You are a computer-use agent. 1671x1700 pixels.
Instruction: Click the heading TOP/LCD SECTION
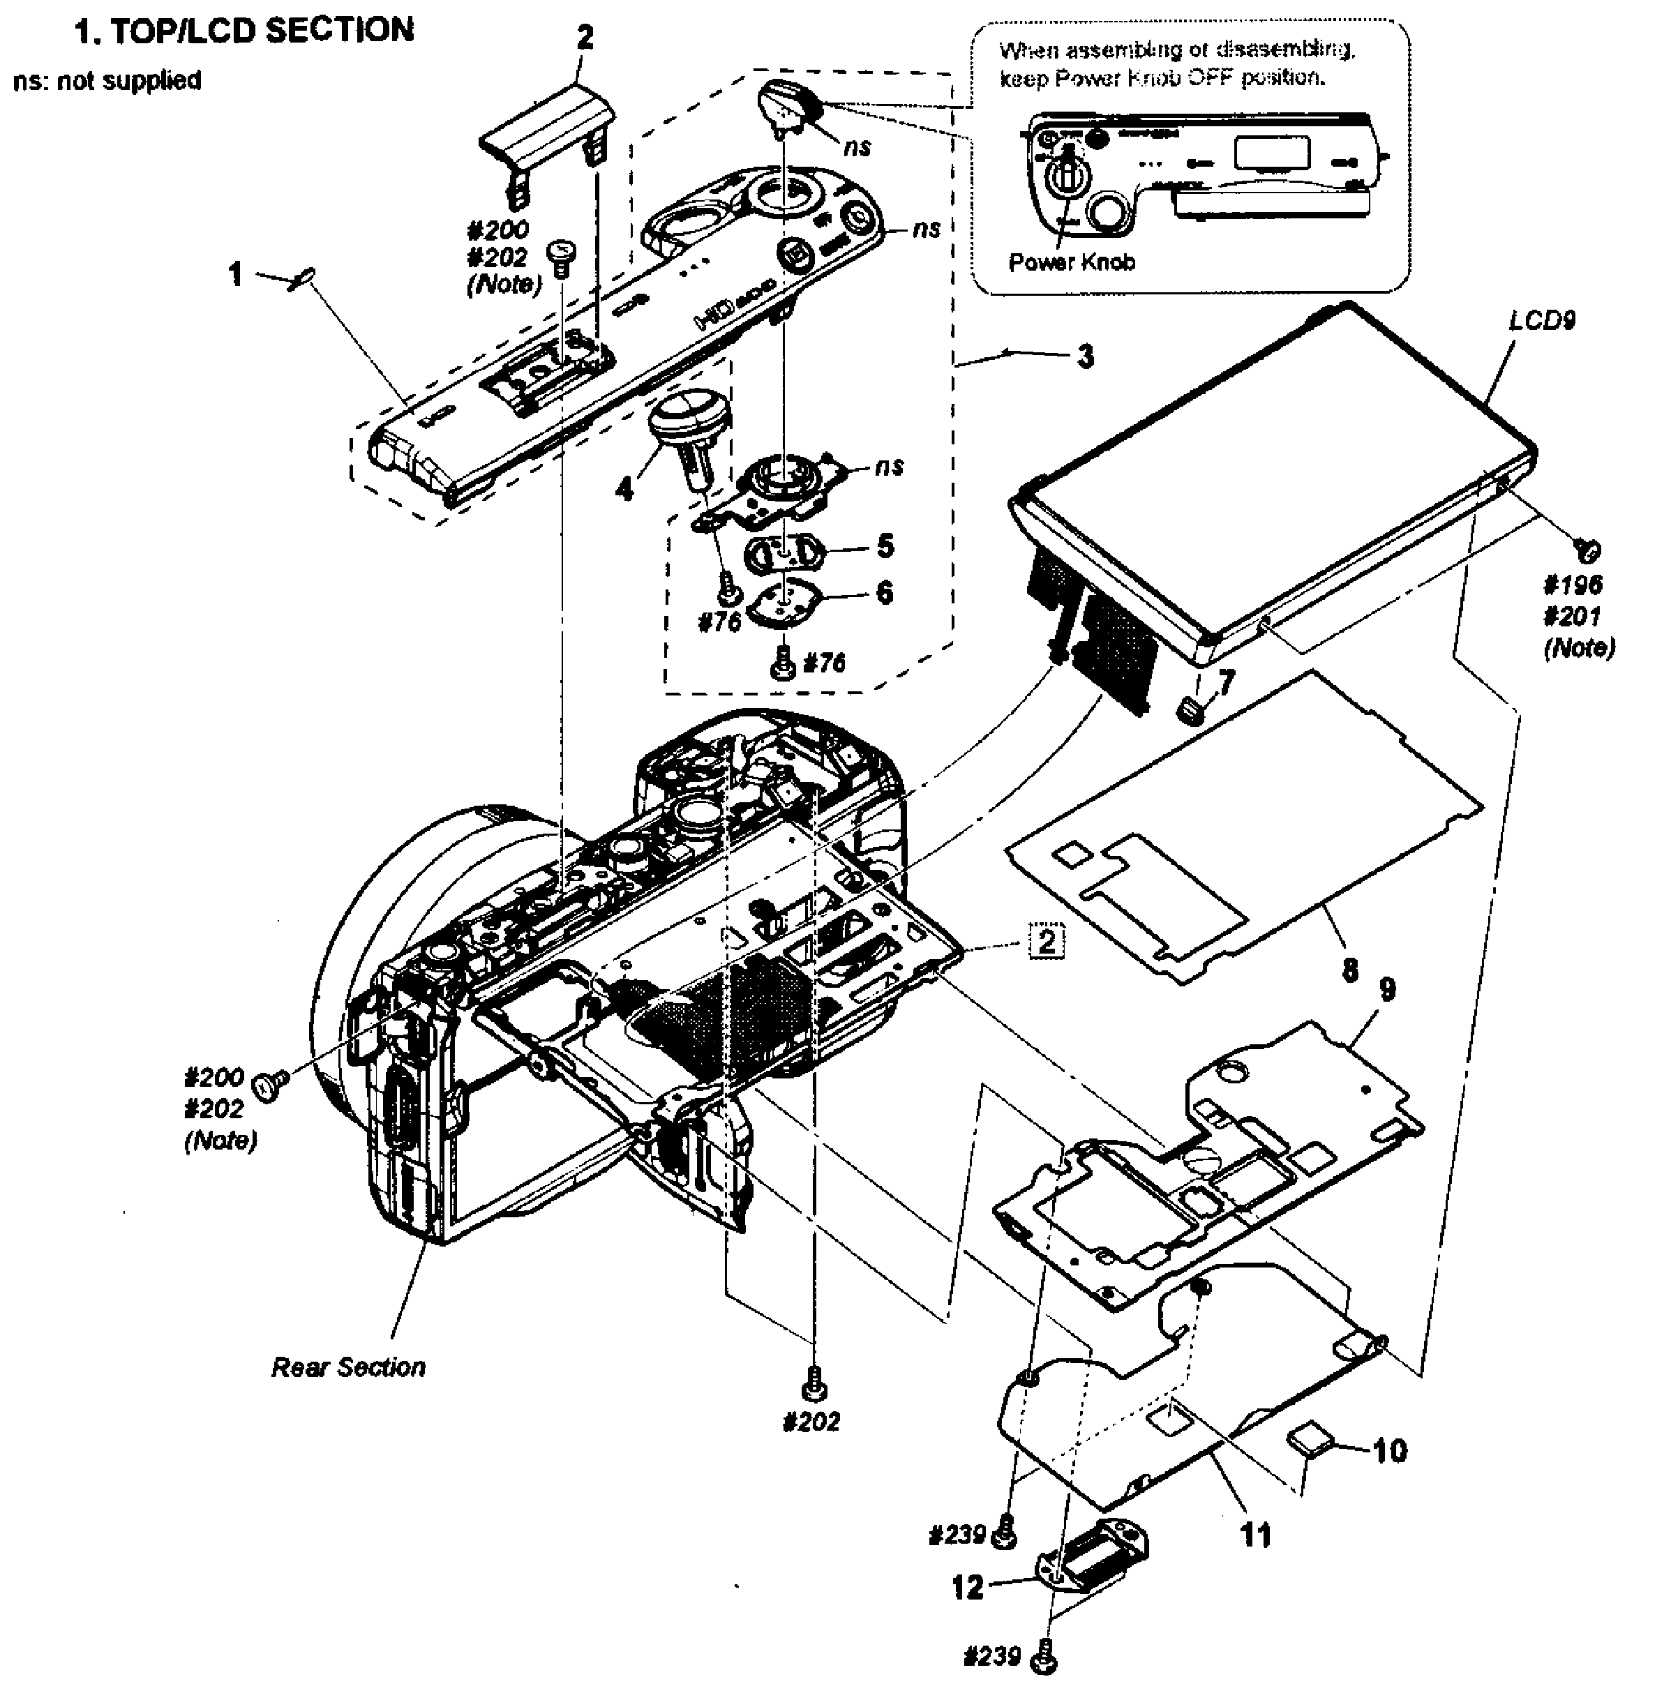(x=244, y=31)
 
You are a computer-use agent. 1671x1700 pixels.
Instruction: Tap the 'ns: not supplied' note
(x=107, y=81)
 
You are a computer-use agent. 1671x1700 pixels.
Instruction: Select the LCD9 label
(x=1542, y=320)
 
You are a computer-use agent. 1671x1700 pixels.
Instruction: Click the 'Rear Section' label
(x=348, y=1367)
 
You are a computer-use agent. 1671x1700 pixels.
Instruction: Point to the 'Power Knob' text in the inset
(x=1072, y=262)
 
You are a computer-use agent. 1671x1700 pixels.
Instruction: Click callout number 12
(x=968, y=1587)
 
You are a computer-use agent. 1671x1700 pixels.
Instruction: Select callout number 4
(x=624, y=488)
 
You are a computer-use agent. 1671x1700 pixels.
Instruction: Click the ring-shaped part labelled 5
(x=783, y=555)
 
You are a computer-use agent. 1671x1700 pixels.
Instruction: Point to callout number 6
(x=885, y=592)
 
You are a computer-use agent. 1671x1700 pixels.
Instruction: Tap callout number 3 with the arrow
(x=1086, y=356)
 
